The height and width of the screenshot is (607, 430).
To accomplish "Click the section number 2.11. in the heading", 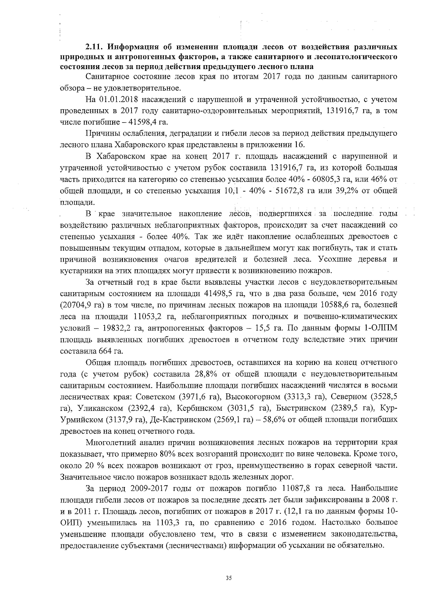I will pos(95,47).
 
